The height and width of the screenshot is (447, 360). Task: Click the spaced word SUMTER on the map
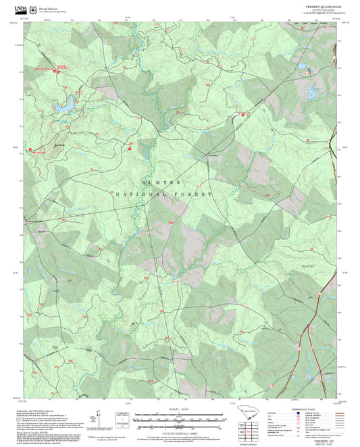click(x=161, y=182)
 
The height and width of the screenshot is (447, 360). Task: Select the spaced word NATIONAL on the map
click(x=140, y=194)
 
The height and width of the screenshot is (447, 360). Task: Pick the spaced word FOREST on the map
click(x=195, y=194)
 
